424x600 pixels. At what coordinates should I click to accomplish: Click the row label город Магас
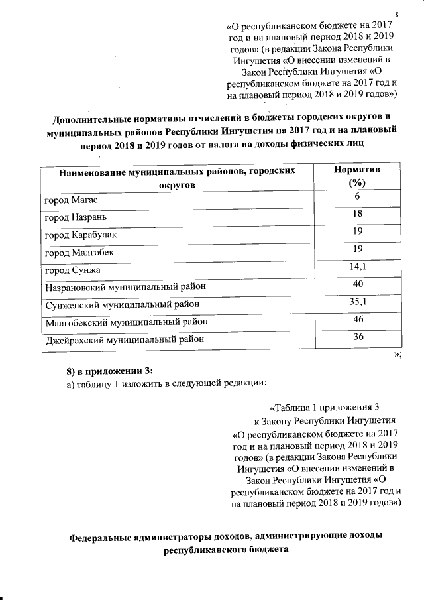coord(72,200)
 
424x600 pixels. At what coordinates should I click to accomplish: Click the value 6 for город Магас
coord(357,197)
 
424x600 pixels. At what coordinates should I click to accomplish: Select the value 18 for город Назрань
coord(357,214)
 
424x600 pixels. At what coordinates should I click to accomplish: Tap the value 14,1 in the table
coord(357,267)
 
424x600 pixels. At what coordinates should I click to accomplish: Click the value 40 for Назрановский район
coord(357,285)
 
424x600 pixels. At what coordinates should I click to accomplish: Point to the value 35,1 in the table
coord(357,302)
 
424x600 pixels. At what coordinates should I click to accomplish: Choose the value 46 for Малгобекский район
coord(357,320)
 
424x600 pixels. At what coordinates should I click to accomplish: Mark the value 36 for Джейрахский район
coord(357,337)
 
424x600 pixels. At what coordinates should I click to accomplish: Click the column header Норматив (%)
coord(357,176)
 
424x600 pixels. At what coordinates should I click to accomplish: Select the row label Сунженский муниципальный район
coord(122,306)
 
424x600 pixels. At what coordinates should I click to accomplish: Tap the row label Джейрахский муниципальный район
coord(123,341)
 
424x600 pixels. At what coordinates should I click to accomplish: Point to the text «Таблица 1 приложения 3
coord(325,407)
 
